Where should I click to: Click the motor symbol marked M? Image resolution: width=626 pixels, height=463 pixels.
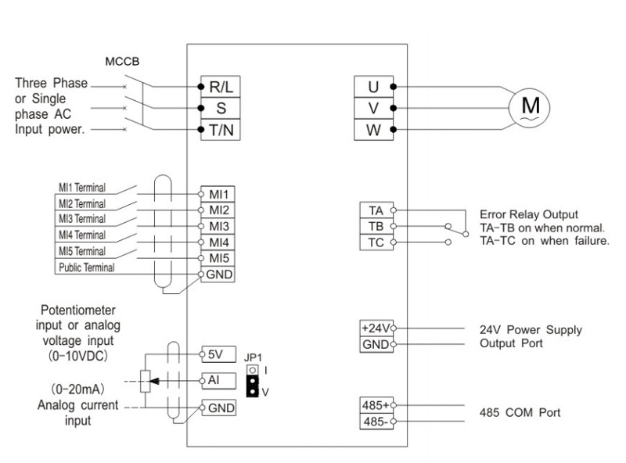529,107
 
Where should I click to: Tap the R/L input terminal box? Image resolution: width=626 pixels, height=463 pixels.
221,86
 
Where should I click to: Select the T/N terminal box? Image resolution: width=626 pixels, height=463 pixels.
221,130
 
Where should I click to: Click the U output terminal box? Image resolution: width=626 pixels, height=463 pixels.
374,86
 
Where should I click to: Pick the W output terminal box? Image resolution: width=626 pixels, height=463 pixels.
374,130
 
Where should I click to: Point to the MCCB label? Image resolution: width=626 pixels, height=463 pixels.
122,62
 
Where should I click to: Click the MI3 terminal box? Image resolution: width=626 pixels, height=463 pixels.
218,226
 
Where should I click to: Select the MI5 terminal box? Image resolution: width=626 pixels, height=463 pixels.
218,258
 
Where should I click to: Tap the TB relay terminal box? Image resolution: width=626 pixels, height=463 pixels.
376,226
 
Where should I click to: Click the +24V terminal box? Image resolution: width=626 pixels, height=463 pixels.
376,328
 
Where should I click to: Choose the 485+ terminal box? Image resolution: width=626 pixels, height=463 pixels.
376,405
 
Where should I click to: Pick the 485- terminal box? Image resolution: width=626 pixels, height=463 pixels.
376,422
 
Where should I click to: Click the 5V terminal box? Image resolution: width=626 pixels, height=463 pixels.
219,354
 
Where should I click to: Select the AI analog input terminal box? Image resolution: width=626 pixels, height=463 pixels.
219,381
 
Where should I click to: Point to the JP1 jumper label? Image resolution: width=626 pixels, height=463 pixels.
253,357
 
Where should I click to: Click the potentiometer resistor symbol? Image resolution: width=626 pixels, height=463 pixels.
146,381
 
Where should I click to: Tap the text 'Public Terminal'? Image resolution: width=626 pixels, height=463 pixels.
87,267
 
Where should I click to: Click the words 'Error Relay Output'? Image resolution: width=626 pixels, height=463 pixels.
529,214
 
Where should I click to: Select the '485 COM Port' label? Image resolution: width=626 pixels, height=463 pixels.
520,412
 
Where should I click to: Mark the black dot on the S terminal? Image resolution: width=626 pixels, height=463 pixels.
201,108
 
